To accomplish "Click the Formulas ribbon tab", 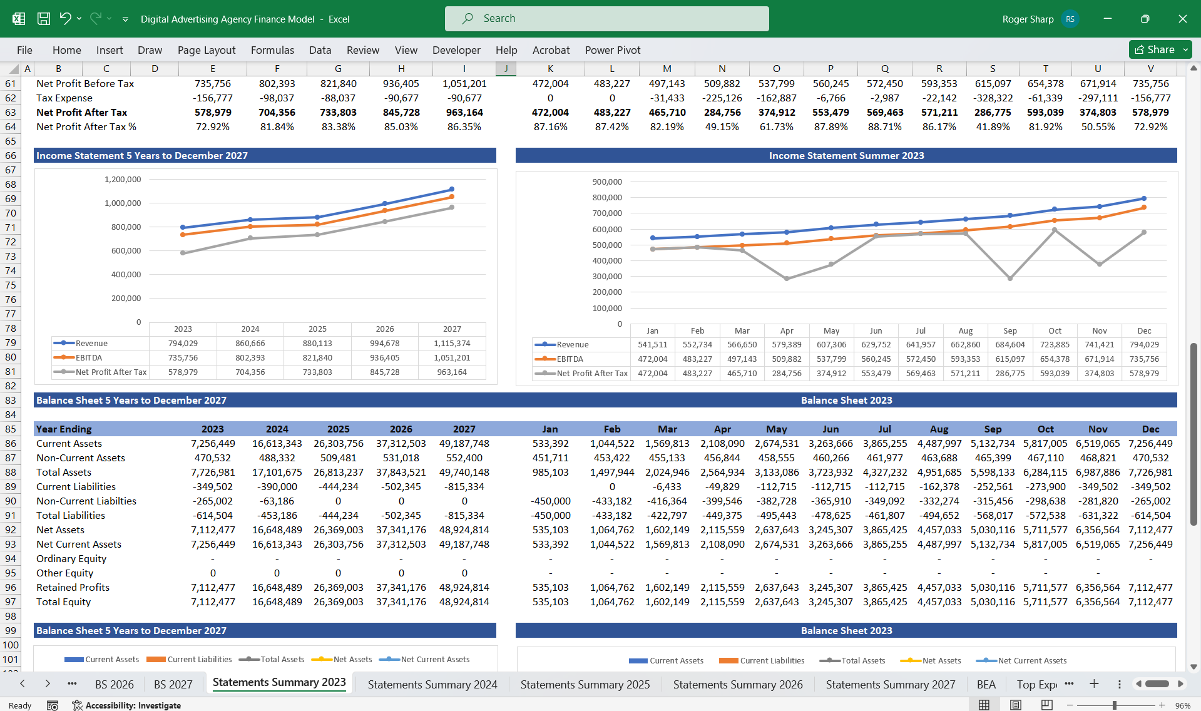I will (x=272, y=50).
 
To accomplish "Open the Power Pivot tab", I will (x=612, y=50).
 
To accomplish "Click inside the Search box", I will (x=606, y=19).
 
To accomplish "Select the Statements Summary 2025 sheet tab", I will (x=585, y=684).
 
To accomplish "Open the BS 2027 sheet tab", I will (x=173, y=684).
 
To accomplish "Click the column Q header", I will (x=884, y=69).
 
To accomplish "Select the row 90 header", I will (x=11, y=501).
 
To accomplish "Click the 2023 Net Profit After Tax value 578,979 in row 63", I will (x=213, y=112).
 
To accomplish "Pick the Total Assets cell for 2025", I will (x=338, y=472).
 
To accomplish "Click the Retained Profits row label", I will (x=73, y=587).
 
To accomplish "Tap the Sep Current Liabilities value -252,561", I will (x=993, y=486).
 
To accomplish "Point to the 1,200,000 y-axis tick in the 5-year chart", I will (x=123, y=180).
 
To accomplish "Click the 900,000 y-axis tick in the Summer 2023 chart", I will (x=607, y=182).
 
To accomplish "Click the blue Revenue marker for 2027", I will (x=452, y=189).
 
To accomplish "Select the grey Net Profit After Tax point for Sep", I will (x=1010, y=278).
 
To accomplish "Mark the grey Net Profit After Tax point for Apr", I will (x=787, y=279).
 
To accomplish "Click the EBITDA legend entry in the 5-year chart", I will (x=88, y=357).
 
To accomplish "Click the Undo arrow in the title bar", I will (x=65, y=18).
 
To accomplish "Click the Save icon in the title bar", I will (x=44, y=19).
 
